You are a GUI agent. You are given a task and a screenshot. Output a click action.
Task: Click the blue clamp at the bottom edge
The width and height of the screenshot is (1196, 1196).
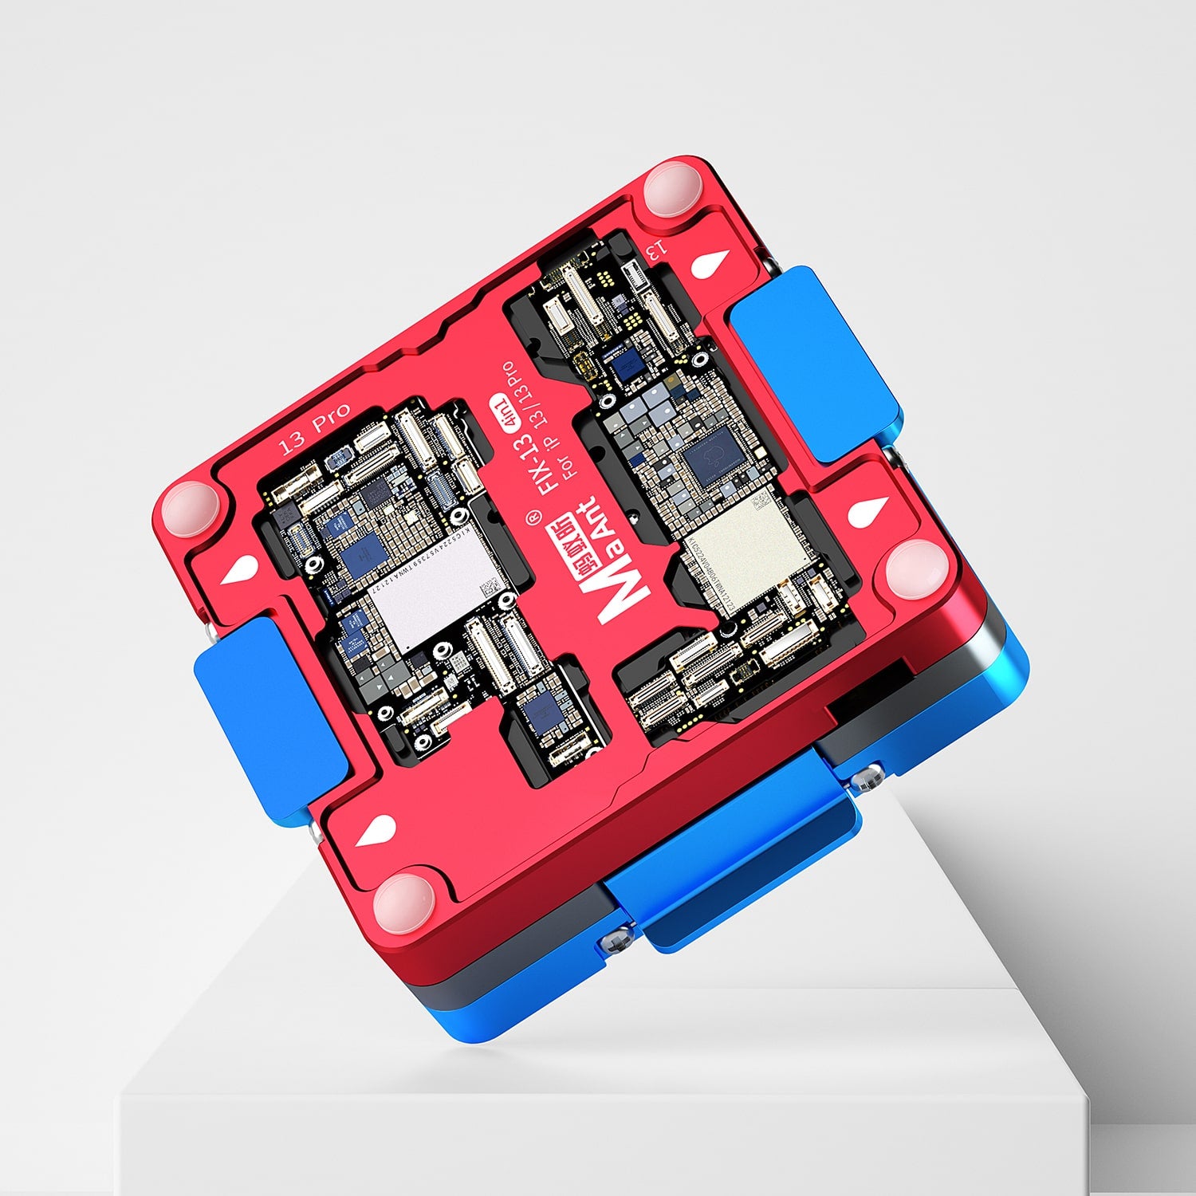coord(734,853)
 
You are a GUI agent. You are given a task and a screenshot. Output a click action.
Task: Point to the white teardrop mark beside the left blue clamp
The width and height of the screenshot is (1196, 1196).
coord(239,572)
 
